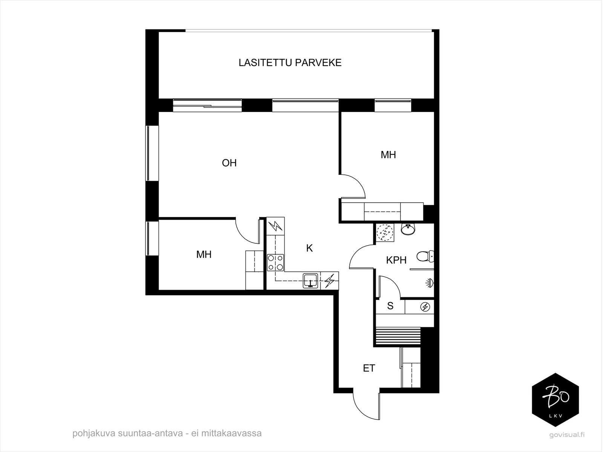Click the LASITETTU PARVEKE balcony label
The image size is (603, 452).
point(290,63)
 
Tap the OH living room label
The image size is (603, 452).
point(229,163)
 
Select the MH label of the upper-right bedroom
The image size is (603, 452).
point(388,155)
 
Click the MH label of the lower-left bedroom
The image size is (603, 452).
point(204,255)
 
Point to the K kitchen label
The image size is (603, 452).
point(309,248)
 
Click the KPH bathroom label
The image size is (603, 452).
point(396,260)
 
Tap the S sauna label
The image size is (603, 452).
point(390,306)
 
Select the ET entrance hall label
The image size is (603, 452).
point(369,368)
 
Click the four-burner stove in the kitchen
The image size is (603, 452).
point(275,263)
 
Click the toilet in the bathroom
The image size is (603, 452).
point(425,257)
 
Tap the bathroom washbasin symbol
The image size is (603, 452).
point(408,229)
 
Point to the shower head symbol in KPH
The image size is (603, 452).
point(429,283)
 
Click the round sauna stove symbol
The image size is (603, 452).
point(425,307)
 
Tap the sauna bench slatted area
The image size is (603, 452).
point(398,336)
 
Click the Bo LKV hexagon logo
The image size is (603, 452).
point(555,400)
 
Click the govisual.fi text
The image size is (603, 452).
point(567,435)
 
